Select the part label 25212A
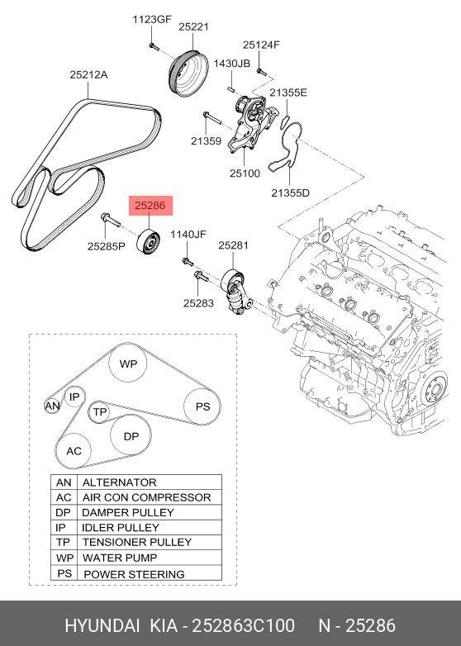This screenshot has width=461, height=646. [88, 74]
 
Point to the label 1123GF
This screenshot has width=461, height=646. [154, 18]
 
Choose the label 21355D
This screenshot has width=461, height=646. [290, 192]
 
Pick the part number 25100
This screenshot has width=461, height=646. [245, 173]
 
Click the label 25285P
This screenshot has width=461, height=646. [107, 245]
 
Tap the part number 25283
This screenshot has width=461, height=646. [199, 303]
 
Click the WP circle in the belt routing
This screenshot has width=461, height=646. [128, 363]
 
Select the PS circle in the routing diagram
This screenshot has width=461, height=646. [202, 406]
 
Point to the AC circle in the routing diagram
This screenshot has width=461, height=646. [74, 451]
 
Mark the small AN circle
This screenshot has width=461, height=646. [52, 406]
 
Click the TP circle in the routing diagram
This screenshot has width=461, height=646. [100, 411]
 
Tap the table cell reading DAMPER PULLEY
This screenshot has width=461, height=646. [128, 512]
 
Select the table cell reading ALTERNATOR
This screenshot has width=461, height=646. [120, 482]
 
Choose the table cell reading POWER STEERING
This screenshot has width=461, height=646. [134, 573]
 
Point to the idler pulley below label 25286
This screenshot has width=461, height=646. [150, 244]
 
